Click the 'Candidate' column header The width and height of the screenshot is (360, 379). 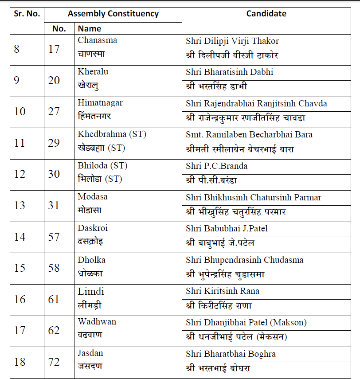coord(266,14)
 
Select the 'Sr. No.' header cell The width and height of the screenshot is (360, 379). coord(27,14)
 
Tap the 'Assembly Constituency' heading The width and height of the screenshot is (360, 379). coord(113,14)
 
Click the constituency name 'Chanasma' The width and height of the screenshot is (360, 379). coord(98,40)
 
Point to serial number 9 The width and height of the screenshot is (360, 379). coord(17,80)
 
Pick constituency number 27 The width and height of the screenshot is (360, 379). coord(54,111)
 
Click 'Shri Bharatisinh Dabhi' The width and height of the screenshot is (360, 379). coord(230,72)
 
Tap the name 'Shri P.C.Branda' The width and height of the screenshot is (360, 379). coord(217,166)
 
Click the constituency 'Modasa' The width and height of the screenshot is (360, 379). coord(93,197)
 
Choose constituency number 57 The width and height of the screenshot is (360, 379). coord(54,237)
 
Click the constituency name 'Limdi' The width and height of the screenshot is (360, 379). coord(91,291)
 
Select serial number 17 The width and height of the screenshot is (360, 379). coord(20,330)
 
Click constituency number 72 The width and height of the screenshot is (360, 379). coord(54,362)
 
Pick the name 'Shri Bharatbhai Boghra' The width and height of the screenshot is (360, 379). coord(231,354)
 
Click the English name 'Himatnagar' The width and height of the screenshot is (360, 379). coord(100,103)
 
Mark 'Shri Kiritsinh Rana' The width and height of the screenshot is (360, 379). coord(223,291)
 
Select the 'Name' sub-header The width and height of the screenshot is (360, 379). coord(90,29)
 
